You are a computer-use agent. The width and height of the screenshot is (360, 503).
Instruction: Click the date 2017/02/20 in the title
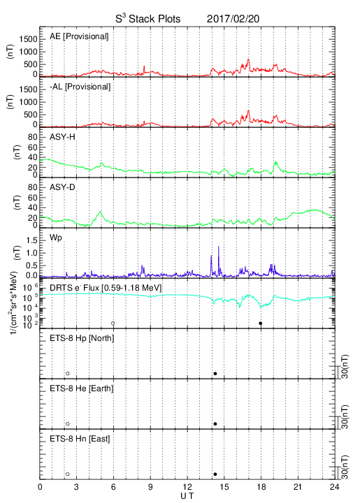(x=233, y=19)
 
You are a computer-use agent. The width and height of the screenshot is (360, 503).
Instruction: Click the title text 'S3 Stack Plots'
(x=148, y=18)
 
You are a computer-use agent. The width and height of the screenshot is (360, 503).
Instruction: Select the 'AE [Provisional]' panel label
(x=79, y=36)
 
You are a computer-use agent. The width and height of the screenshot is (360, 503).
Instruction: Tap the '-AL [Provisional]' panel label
(x=80, y=87)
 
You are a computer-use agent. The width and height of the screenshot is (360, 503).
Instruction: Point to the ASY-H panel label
(x=62, y=137)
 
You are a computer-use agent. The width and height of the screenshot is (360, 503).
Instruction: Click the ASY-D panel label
(x=62, y=187)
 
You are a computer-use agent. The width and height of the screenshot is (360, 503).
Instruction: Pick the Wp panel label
(x=56, y=238)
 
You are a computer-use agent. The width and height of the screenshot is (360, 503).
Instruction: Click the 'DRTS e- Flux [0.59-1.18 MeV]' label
(x=106, y=288)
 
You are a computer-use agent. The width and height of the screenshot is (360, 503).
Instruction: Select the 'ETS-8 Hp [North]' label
(x=82, y=338)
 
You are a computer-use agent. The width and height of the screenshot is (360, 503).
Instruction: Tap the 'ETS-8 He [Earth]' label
(x=82, y=388)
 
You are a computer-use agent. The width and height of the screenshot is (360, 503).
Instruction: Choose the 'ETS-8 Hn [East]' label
(x=80, y=439)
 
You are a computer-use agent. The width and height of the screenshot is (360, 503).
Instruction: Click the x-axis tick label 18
(x=261, y=487)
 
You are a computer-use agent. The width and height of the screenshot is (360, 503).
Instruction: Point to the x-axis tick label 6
(x=113, y=487)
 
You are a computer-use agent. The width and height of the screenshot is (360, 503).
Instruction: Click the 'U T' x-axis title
(x=187, y=496)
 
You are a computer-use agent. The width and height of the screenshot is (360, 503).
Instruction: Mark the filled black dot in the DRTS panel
(x=261, y=323)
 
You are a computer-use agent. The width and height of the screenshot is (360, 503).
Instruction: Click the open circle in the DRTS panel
(x=113, y=323)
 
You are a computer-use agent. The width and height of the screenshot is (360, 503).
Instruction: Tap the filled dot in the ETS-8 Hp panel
(x=215, y=373)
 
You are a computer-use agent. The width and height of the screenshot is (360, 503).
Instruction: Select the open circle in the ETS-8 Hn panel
(x=68, y=474)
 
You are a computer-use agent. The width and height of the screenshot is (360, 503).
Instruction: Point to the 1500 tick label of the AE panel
(x=28, y=39)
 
